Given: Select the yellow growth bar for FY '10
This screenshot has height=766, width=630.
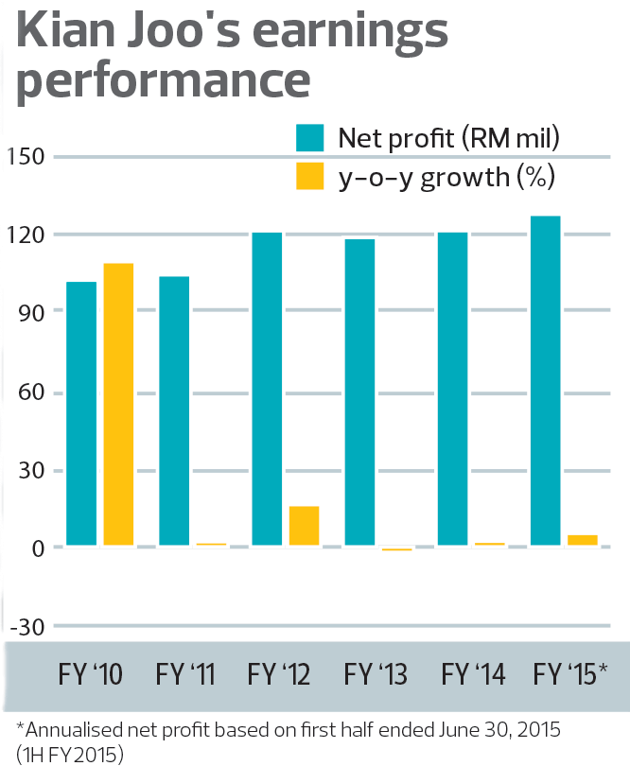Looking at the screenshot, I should click(118, 404).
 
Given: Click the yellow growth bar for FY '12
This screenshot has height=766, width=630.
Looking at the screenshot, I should click(304, 526).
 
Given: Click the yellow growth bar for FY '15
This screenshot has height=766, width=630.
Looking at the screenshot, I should click(583, 540).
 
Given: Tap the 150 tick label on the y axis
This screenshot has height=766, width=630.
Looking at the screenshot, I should click(27, 156).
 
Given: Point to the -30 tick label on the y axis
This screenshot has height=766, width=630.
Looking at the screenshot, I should click(27, 626).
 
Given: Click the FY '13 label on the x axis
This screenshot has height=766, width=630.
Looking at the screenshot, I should click(376, 675).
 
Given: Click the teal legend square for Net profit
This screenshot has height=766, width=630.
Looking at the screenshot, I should click(311, 137).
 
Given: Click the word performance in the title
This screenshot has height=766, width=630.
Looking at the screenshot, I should click(164, 81).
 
